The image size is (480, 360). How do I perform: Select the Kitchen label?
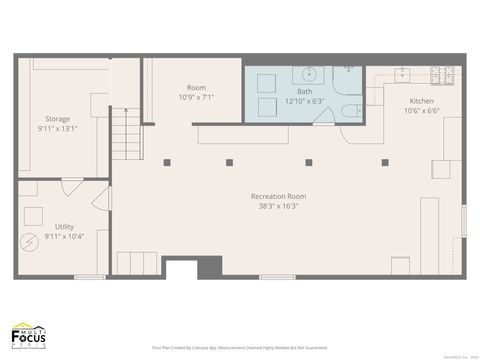tap(421, 101)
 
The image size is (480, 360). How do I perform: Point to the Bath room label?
tap(304, 90)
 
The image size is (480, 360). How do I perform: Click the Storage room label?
tap(57, 119)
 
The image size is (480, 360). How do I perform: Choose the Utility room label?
tap(64, 227)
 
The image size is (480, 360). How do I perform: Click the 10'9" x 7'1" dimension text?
tap(196, 98)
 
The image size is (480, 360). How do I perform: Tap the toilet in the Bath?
tap(349, 111)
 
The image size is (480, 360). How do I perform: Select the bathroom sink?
tap(309, 73)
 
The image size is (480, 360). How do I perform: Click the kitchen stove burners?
tap(443, 74)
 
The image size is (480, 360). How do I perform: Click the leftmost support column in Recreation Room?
tap(167, 162)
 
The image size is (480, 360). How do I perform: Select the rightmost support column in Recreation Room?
tap(384, 162)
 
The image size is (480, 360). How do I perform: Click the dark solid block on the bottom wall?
tap(209, 267)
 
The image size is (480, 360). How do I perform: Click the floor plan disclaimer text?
tap(239, 347)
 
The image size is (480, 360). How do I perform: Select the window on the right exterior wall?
tap(463, 220)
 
